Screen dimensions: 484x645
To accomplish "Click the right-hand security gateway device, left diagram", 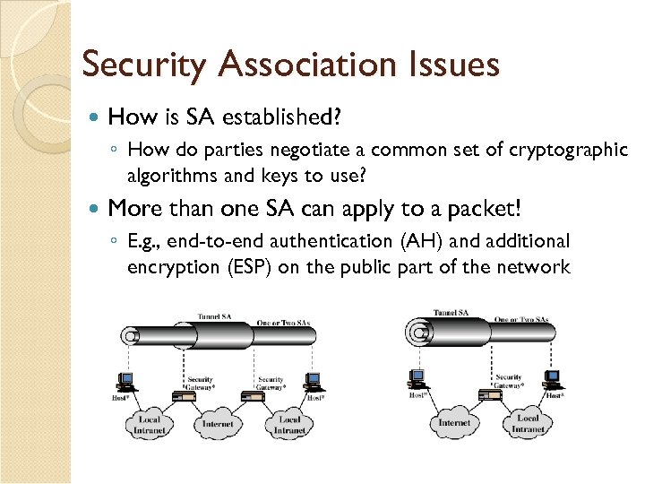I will (x=256, y=393).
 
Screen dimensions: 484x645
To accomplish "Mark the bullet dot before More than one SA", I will (x=96, y=209).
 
